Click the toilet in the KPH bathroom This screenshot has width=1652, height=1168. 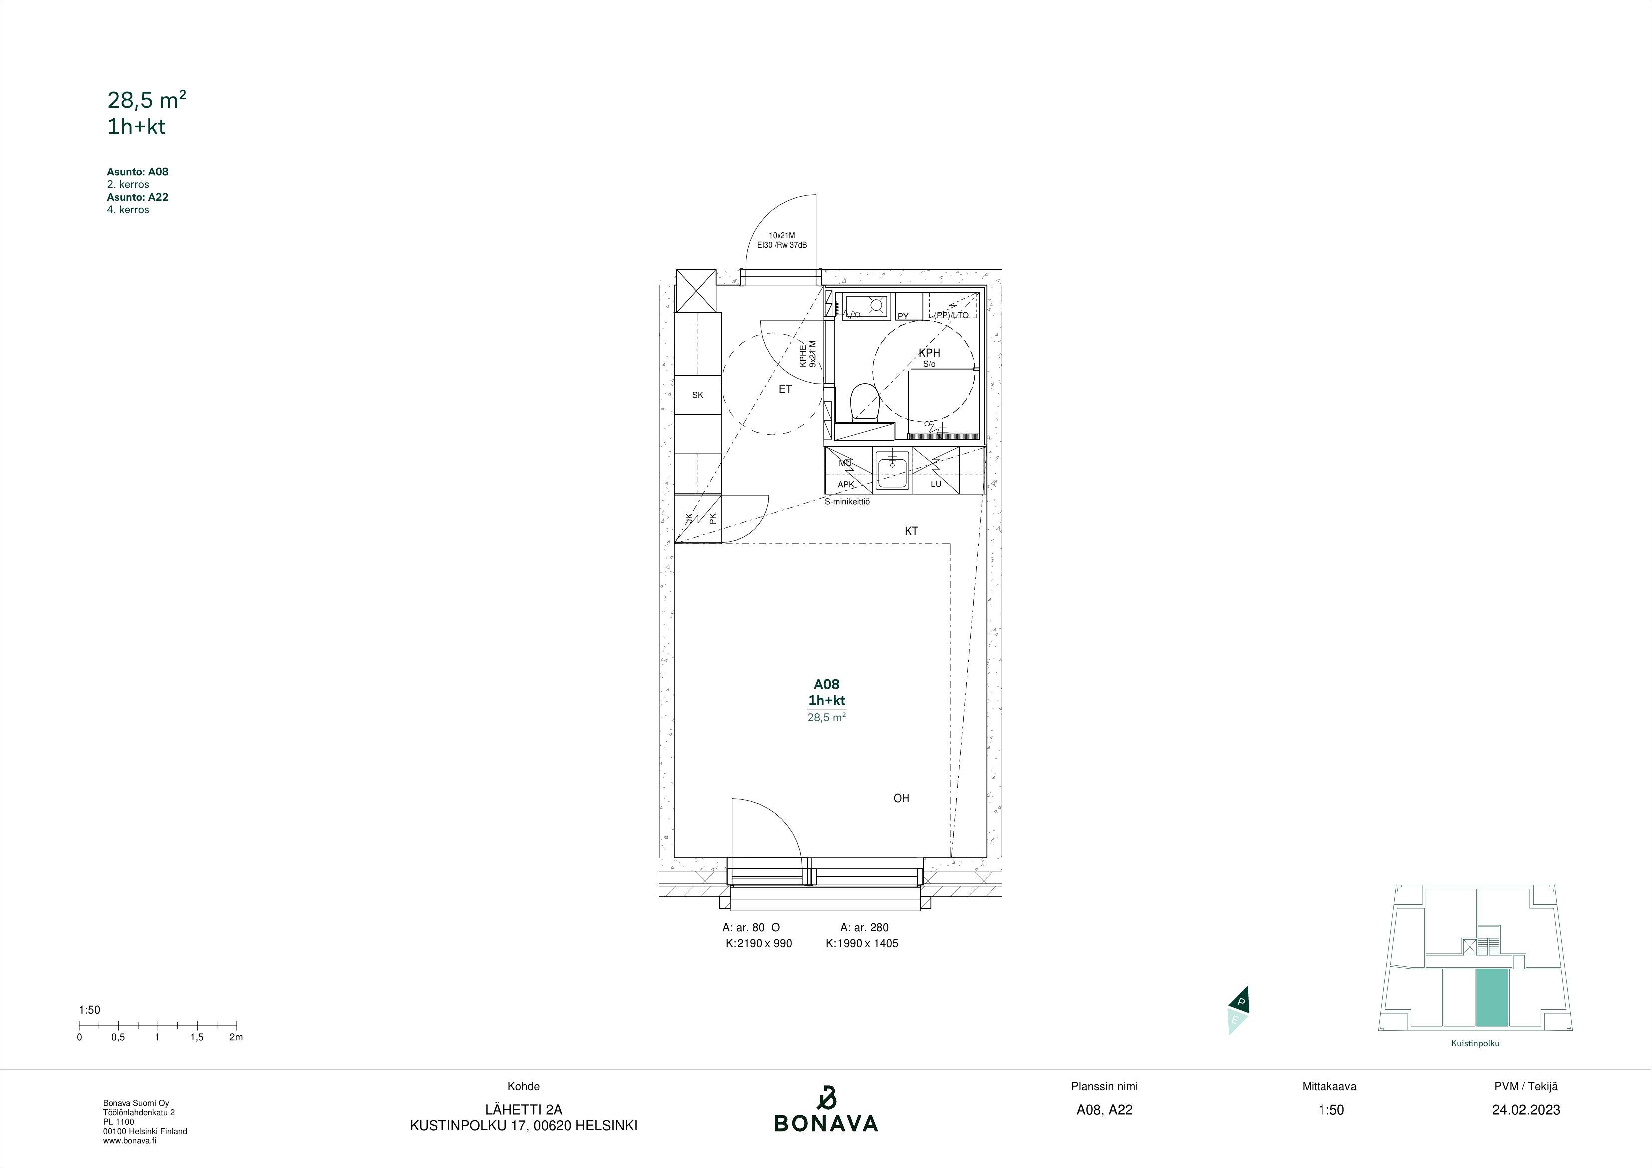click(865, 403)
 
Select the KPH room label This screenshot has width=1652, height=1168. click(929, 353)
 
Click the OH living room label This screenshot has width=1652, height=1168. click(901, 798)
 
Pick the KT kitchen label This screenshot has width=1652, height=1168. click(911, 531)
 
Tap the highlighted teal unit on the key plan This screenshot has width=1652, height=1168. click(1492, 997)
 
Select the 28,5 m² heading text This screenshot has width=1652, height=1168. click(147, 100)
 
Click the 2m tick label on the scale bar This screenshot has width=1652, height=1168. click(236, 1037)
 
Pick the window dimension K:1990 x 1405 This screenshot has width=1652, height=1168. click(862, 943)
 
